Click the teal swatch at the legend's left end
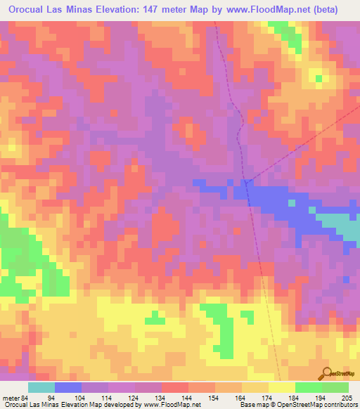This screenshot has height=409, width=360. pyautogui.click(x=41, y=387)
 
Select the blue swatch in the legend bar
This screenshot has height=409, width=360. pyautogui.click(x=68, y=387)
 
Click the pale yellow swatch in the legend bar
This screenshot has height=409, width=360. pyautogui.click(x=282, y=387)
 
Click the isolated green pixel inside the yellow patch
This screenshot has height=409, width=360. pyautogui.click(x=319, y=78)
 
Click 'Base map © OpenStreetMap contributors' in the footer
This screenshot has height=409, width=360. pyautogui.click(x=295, y=404)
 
